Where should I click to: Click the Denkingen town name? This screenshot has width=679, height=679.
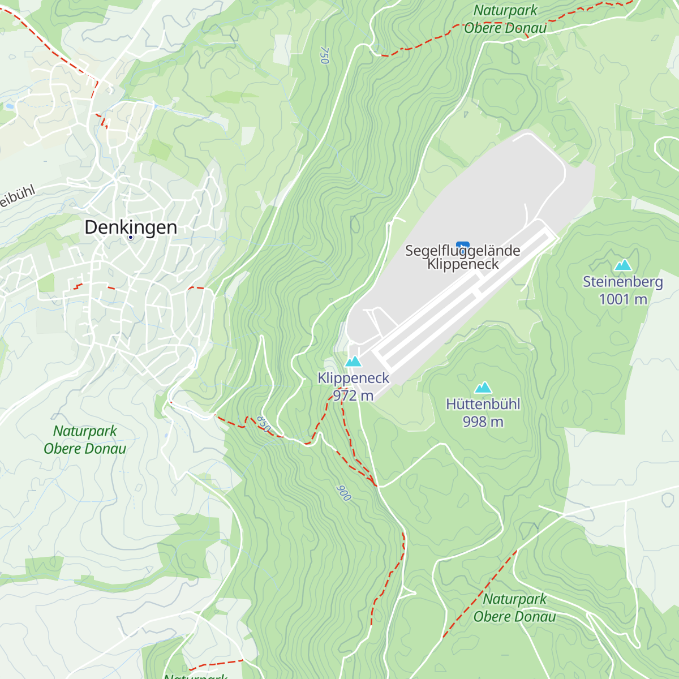tap(131, 227)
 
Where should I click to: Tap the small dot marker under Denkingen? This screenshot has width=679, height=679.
tap(131, 238)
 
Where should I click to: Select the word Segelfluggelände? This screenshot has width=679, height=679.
tap(462, 251)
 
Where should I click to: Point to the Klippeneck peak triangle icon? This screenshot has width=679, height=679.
tap(353, 362)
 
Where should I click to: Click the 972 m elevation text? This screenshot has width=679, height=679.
tap(353, 396)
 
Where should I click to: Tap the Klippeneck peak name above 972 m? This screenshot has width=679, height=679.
tap(353, 378)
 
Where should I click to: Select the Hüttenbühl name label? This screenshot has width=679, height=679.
tap(483, 404)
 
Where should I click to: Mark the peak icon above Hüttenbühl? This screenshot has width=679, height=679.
tap(483, 388)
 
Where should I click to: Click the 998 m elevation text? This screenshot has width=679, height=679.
tap(483, 422)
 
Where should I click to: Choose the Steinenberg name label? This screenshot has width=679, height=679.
tap(622, 282)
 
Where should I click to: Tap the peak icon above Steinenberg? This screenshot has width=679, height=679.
tap(622, 265)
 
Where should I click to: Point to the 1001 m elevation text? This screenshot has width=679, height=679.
tap(622, 299)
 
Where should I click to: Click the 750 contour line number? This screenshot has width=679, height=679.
tap(324, 55)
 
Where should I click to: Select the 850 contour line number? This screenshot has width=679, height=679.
tap(264, 424)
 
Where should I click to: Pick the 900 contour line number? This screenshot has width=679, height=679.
tap(343, 493)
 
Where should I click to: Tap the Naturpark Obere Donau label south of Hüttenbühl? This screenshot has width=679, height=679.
tap(514, 608)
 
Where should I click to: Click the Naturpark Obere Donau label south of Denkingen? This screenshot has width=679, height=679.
tap(85, 440)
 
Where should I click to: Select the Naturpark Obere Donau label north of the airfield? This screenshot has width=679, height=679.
tap(505, 19)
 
